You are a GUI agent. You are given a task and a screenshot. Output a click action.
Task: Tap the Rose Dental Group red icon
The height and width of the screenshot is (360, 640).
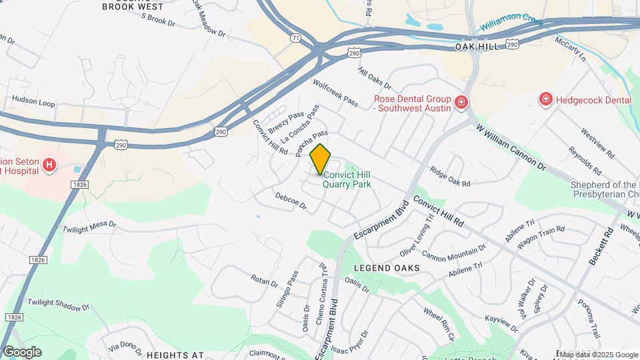pyautogui.click(x=461, y=102)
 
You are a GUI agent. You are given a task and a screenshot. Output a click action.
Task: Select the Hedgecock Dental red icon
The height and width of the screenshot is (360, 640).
pyautogui.click(x=546, y=99)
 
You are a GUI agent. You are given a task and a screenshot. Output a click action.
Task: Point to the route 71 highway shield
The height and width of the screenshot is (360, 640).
pyautogui.click(x=295, y=39)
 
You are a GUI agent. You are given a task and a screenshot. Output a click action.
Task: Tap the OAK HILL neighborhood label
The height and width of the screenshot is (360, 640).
pyautogui.click(x=477, y=48)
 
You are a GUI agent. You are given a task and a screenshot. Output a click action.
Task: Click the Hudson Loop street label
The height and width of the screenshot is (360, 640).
pyautogui.click(x=33, y=103)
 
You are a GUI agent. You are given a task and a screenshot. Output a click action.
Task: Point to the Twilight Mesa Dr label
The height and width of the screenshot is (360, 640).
pyautogui.click(x=89, y=227)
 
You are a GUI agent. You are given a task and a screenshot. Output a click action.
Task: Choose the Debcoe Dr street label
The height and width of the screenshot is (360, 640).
pyautogui.click(x=290, y=201)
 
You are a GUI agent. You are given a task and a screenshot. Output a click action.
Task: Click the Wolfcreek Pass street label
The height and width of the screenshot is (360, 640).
pyautogui.click(x=335, y=94)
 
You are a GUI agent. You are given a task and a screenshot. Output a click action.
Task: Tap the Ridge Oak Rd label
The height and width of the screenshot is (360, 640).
pyautogui.click(x=450, y=177)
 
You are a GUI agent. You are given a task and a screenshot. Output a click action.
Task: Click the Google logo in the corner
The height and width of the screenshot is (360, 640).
pyautogui.click(x=22, y=352)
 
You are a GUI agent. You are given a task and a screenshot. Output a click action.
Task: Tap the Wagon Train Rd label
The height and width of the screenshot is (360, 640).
pyautogui.click(x=541, y=234)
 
